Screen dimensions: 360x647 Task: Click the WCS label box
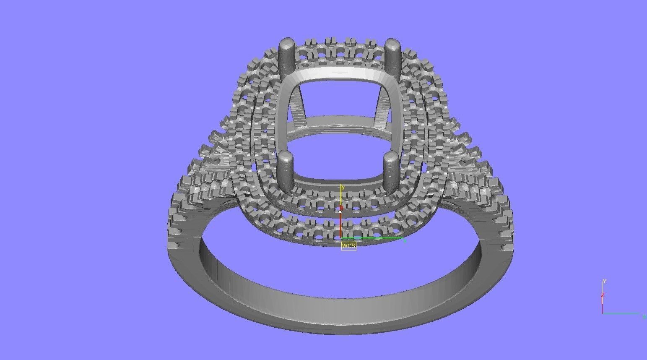point(348,246)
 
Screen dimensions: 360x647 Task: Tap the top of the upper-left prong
point(287,43)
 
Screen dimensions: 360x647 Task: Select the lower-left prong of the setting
point(286,168)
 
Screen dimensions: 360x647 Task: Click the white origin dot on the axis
point(340,211)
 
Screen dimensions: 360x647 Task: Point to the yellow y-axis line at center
point(340,197)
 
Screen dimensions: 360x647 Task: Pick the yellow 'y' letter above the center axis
point(343,187)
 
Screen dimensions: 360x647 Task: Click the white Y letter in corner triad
point(604,281)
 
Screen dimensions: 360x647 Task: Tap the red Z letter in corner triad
point(603,295)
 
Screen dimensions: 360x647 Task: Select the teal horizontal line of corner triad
point(621,313)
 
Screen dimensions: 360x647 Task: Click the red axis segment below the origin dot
point(340,227)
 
